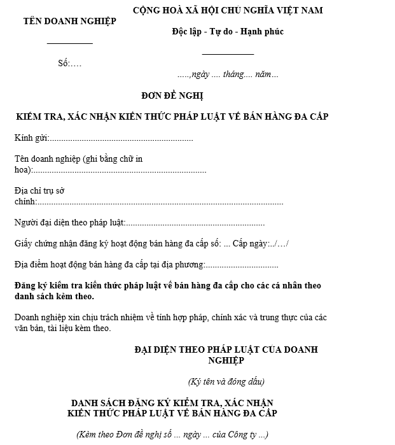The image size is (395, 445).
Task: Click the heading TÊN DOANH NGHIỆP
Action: coord(69,21)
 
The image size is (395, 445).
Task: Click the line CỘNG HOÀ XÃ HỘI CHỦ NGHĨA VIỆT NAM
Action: coord(228,10)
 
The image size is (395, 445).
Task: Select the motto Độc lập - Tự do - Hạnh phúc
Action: coord(227,32)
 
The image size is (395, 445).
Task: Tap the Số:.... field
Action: coord(69,64)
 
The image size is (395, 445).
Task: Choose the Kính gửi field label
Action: coord(31,138)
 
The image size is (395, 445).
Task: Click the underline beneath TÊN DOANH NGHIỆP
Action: coord(70,43)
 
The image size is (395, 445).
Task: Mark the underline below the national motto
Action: coord(228,54)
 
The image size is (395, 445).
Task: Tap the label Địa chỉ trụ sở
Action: coord(39,190)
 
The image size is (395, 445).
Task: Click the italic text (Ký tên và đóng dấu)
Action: coord(226,381)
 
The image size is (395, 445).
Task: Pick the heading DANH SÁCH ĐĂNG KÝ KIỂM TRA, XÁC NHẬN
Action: coord(173,403)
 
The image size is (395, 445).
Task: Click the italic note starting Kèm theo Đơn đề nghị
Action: coord(172,435)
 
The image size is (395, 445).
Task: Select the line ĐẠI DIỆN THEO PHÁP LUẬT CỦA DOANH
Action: coord(226,350)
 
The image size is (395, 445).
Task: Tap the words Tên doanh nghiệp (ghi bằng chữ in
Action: coord(78,159)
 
